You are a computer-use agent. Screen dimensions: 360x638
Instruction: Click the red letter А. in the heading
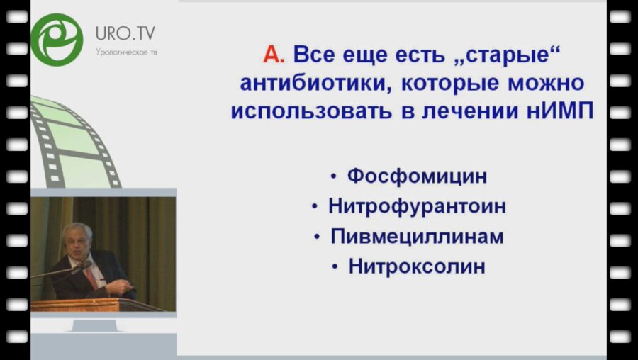click(274, 55)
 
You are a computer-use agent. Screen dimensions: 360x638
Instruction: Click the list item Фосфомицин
click(418, 176)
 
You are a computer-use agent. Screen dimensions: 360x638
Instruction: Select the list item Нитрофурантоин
click(417, 207)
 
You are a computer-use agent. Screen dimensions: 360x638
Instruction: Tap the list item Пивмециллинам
click(417, 237)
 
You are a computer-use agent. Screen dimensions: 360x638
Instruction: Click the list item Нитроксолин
click(417, 267)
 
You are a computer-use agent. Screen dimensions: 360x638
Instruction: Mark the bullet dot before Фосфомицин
click(334, 177)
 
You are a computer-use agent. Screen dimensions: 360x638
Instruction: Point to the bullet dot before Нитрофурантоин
click(315, 208)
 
